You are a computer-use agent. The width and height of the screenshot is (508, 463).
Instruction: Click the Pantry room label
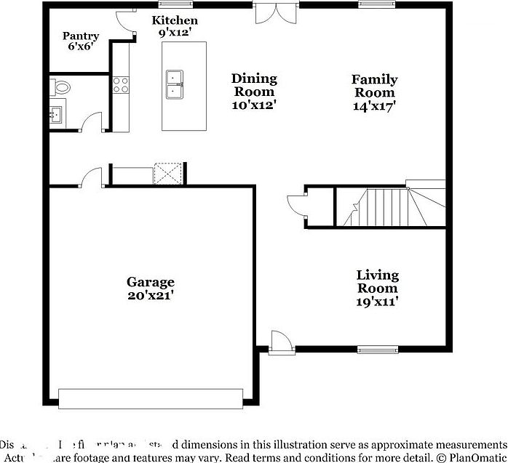[x=81, y=36]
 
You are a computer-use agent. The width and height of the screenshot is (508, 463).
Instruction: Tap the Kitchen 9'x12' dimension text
[x=174, y=33]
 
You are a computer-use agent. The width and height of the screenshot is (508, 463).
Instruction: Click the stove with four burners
[x=121, y=85]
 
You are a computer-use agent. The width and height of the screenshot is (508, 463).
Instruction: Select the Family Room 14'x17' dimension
[x=374, y=105]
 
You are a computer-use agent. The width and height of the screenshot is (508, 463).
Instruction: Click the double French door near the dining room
[x=276, y=12]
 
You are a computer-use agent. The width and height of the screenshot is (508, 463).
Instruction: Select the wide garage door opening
[x=150, y=398]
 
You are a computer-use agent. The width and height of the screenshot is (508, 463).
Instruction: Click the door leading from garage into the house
[x=91, y=178]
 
